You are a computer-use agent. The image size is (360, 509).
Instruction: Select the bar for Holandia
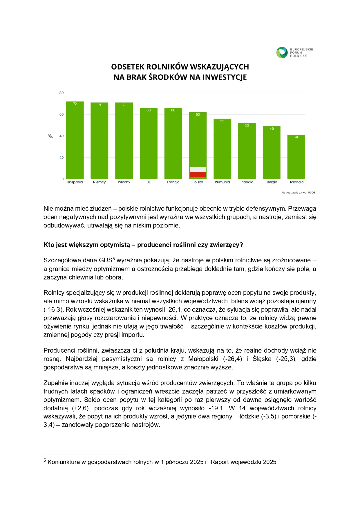point(296,157)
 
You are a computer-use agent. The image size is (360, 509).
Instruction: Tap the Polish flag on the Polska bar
point(198,172)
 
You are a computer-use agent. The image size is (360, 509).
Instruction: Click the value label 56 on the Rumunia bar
point(222,121)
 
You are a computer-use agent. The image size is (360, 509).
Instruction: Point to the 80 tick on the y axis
point(61,93)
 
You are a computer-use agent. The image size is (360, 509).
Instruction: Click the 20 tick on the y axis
point(61,158)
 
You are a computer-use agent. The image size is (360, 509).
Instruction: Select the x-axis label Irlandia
point(247,182)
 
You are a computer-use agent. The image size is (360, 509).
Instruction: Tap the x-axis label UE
point(149,182)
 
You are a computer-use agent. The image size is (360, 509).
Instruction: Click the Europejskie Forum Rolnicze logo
point(294,53)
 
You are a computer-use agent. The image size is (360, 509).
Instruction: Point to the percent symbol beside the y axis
point(50,136)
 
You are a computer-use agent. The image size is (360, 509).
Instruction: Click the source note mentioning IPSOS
point(298,193)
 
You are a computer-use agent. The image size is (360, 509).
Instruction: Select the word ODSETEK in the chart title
point(128,67)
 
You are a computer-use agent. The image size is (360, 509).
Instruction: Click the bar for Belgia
point(272,152)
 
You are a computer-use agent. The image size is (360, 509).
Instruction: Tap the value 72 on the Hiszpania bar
point(75,104)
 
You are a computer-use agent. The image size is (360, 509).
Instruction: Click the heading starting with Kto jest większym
point(143,245)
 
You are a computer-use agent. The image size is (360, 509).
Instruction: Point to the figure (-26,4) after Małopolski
point(233,359)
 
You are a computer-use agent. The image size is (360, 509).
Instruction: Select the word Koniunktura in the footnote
point(64,462)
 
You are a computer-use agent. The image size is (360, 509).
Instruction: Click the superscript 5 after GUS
point(114,259)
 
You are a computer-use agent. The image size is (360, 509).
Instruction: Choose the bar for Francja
point(173,143)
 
